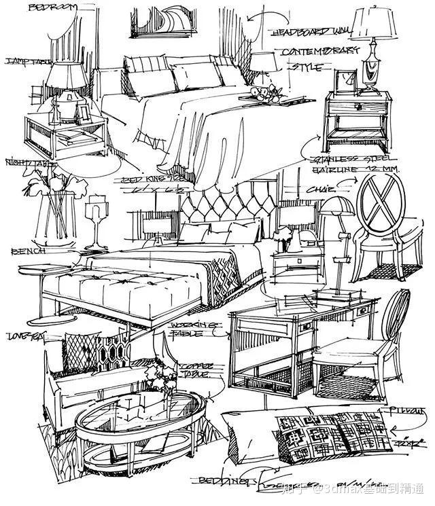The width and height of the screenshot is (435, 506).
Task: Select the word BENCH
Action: tap(28, 251)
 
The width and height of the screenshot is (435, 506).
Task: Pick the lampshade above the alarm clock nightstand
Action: tap(375, 24)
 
